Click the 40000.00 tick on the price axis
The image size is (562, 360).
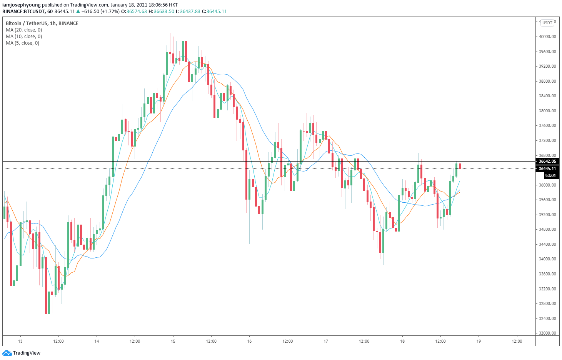[547, 37]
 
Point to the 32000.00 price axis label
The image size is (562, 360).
[547, 333]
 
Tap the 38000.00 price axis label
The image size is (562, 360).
[547, 111]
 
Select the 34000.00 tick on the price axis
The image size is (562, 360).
[547, 259]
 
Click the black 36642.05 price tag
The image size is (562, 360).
[547, 162]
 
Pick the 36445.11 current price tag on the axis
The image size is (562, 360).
[547, 168]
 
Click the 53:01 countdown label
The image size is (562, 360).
[550, 176]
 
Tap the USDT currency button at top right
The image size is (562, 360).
[547, 23]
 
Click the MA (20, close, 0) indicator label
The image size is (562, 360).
[24, 30]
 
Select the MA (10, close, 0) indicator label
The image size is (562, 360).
[24, 37]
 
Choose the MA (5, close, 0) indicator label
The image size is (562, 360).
[22, 43]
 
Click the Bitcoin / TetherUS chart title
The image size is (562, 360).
[42, 23]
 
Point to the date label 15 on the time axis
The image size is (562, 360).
[173, 341]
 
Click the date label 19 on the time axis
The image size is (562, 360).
[479, 341]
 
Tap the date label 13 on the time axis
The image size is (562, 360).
[20, 341]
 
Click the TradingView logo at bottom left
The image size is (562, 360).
[22, 353]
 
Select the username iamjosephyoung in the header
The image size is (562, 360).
[22, 5]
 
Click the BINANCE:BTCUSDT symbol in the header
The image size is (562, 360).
[23, 12]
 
